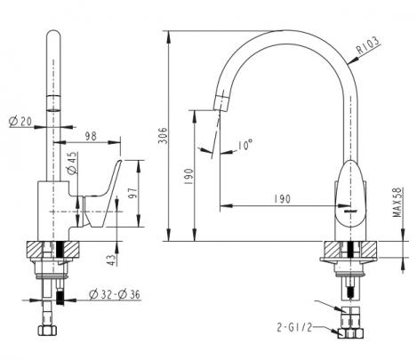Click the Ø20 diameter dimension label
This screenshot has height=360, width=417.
(x=20, y=121)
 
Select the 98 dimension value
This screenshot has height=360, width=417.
(x=91, y=136)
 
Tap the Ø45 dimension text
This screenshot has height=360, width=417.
(x=72, y=163)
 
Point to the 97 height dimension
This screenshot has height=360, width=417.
(x=133, y=193)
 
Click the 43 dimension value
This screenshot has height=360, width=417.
(x=111, y=260)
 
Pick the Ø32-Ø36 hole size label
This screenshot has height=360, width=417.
(x=115, y=294)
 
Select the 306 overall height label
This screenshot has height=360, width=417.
(x=163, y=136)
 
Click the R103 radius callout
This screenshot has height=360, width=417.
(x=368, y=45)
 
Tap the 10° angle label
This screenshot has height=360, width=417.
(x=245, y=145)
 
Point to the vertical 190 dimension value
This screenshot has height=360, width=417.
(x=188, y=177)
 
